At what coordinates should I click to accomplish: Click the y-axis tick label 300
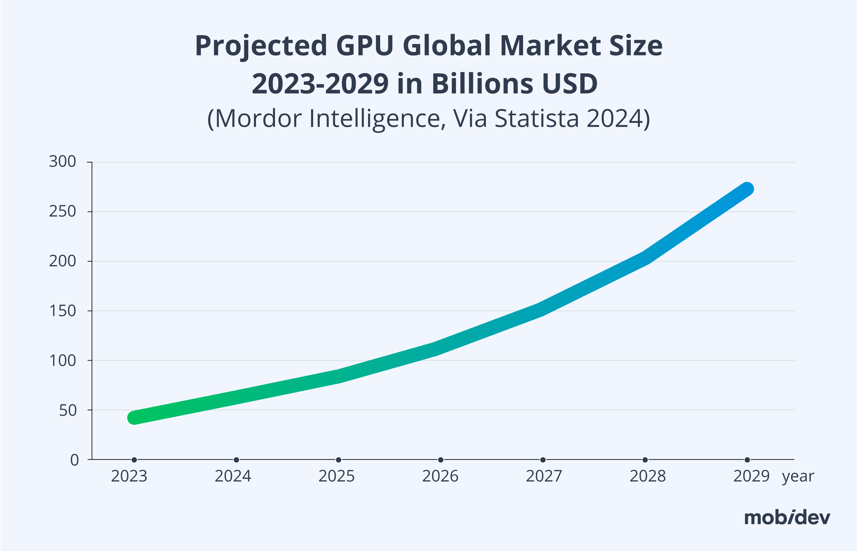click(x=63, y=162)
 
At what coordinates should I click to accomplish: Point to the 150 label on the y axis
click(x=63, y=311)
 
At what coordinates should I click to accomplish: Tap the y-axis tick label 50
click(x=68, y=410)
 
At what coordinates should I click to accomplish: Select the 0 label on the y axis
click(x=74, y=460)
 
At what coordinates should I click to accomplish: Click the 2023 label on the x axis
click(x=129, y=476)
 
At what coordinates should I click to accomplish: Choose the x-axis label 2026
click(x=440, y=476)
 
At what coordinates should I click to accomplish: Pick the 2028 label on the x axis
click(x=648, y=476)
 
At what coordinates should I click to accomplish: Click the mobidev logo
click(x=787, y=518)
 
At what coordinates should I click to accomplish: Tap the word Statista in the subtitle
click(x=536, y=118)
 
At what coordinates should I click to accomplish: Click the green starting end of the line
click(x=135, y=417)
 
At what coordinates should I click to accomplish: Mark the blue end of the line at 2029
click(x=747, y=189)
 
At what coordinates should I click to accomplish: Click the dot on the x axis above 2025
click(x=338, y=460)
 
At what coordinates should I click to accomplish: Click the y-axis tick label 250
click(x=63, y=212)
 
